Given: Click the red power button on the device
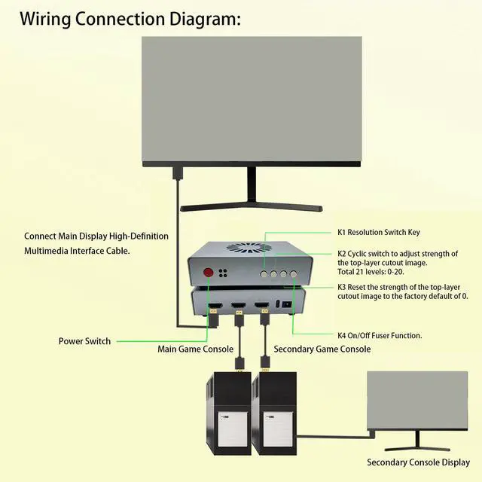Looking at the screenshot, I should click(x=207, y=273).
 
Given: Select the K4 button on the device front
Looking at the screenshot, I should click(x=295, y=272).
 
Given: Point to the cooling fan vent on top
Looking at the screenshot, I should click(x=249, y=249).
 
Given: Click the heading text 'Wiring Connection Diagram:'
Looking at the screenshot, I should click(x=130, y=18).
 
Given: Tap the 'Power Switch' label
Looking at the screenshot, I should click(x=84, y=341).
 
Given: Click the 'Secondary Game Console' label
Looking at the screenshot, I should click(x=322, y=349).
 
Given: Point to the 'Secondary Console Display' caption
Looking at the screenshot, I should click(x=417, y=462).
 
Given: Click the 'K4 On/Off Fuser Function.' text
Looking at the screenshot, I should click(x=379, y=335).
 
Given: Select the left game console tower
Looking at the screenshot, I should click(x=227, y=414).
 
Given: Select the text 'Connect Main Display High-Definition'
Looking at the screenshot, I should click(x=96, y=236).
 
